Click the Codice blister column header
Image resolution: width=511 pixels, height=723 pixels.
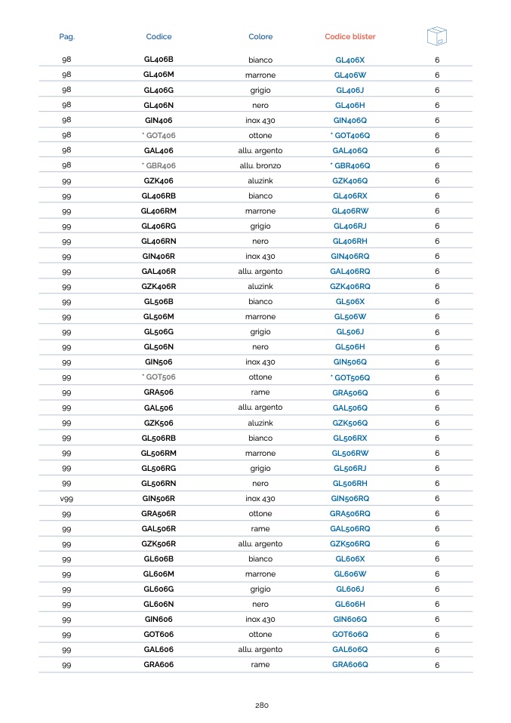[x=349, y=36]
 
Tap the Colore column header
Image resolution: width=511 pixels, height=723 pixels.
[x=260, y=36]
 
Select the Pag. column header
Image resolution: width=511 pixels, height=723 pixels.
[x=67, y=36]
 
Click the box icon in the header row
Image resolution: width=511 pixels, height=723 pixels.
[x=436, y=35]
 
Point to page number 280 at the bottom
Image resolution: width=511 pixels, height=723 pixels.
[x=261, y=705]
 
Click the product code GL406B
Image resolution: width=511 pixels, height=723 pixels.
[x=159, y=59]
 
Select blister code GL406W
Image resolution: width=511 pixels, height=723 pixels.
[x=350, y=75]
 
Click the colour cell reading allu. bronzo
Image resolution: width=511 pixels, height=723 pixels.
[x=260, y=165]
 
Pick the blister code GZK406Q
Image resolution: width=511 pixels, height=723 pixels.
[x=350, y=180]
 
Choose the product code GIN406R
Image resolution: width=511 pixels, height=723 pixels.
[x=159, y=256]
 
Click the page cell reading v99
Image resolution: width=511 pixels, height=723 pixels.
[x=66, y=498]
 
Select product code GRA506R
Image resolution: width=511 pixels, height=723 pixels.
[x=159, y=513]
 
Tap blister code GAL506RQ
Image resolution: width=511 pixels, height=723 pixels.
[x=350, y=528]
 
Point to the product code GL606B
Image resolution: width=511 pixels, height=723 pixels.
[x=159, y=558]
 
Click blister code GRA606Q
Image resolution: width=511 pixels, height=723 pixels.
[x=350, y=664]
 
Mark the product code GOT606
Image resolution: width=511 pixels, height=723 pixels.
[x=159, y=634]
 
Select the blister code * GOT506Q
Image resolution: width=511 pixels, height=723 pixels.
[x=350, y=377]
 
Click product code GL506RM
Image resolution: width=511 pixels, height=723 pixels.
[x=159, y=453]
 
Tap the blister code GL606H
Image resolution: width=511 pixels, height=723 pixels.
[x=350, y=604]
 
